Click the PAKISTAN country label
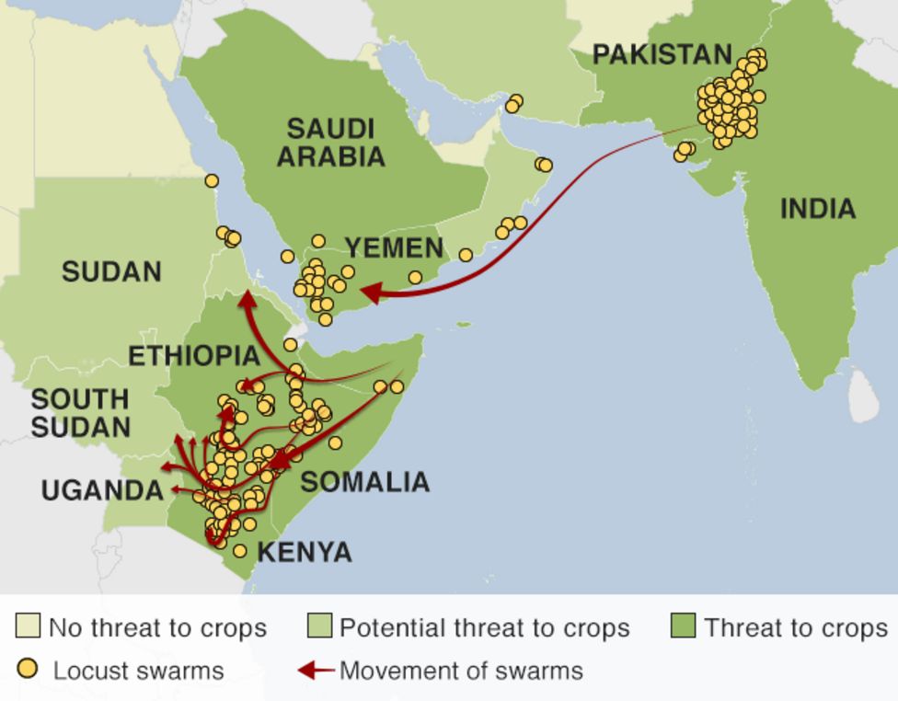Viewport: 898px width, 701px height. pos(662,54)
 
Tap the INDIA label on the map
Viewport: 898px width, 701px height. pos(817,209)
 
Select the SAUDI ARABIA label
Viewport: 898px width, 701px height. pos(330,142)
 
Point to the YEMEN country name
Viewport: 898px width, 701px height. pos(394,247)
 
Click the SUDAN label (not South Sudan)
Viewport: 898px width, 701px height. pos(111,271)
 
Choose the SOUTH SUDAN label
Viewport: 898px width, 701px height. pos(80,413)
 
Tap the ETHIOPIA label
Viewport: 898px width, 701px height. pos(193,356)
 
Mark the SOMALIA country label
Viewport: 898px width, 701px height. pos(364,481)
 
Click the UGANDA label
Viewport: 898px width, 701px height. pos(102,489)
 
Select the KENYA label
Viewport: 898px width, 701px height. pos(304,552)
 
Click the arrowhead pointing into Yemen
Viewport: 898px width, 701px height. pos(370,293)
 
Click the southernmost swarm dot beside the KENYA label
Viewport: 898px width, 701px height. pos(240,551)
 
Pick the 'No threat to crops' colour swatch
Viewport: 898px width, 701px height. pos(28,627)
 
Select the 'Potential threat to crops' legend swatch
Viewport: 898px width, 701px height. pos(319,627)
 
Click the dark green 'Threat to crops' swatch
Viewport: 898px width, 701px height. pos(683,627)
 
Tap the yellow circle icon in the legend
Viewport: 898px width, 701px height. pos(29,669)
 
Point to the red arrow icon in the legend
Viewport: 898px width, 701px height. pos(315,671)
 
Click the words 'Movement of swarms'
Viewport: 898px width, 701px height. pos(461,671)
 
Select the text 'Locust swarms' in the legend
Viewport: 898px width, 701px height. pos(138,671)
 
